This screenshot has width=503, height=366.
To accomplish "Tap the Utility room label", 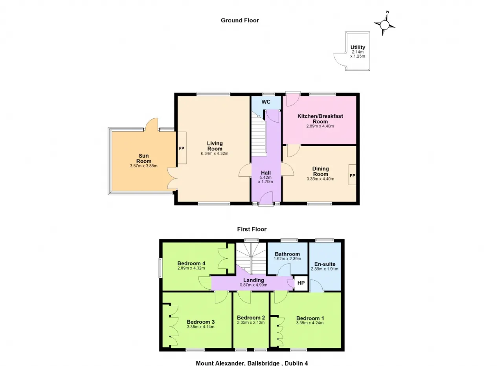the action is click(358, 47).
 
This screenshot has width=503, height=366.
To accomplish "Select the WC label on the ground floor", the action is click(266, 102).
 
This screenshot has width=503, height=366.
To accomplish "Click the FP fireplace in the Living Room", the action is click(182, 148).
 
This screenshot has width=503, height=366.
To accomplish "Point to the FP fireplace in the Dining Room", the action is click(352, 175).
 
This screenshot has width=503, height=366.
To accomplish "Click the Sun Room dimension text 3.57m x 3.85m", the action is click(143, 166).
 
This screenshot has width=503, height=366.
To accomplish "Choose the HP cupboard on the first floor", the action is click(301, 283).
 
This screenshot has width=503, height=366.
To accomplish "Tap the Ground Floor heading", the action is click(240, 20).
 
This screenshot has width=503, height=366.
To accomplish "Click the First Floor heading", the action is click(252, 229).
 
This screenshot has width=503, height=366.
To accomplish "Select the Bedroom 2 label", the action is click(251, 318).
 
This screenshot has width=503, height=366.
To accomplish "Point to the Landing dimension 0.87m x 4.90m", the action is click(253, 285).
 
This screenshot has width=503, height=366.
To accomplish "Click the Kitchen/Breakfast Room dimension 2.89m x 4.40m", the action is click(320, 126).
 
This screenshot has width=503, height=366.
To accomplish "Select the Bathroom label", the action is click(287, 254).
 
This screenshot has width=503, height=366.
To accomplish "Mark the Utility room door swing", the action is click(340, 59).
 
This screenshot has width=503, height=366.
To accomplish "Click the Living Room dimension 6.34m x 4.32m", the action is click(215, 153).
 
